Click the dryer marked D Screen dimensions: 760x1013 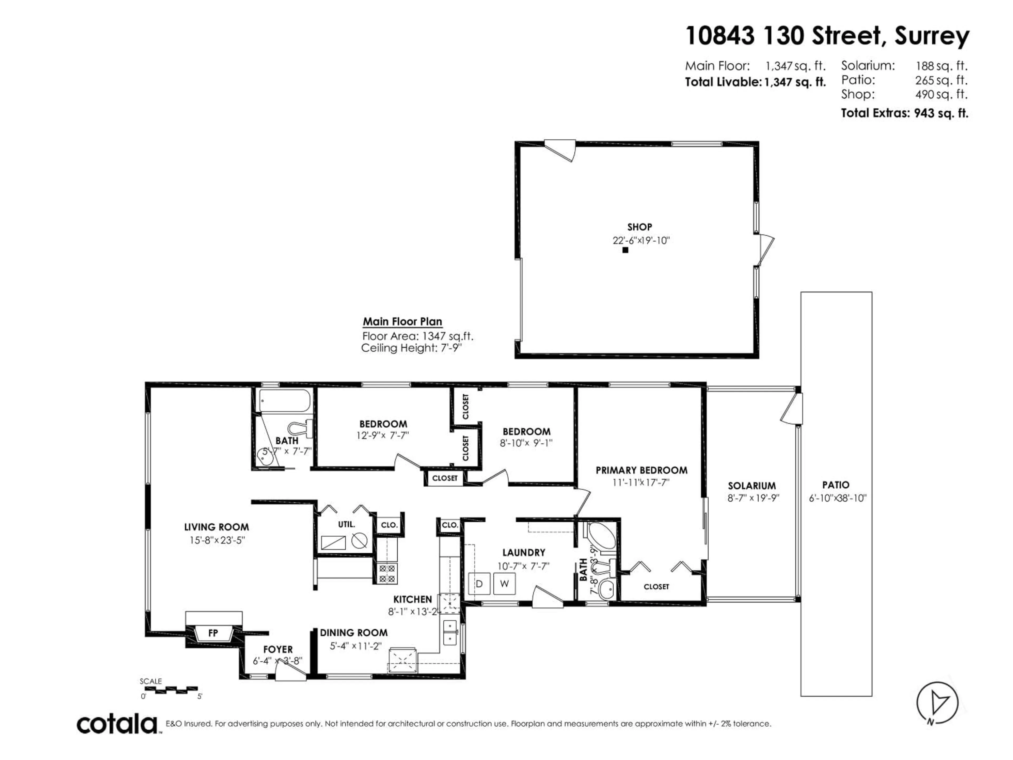[479, 584]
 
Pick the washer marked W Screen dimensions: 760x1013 [504, 584]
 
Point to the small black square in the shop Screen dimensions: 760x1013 [625, 250]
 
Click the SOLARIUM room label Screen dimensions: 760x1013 [752, 486]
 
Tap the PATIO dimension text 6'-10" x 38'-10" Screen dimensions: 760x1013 [838, 498]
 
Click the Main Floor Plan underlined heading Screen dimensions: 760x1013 [403, 322]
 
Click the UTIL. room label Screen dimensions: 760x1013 [346, 524]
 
